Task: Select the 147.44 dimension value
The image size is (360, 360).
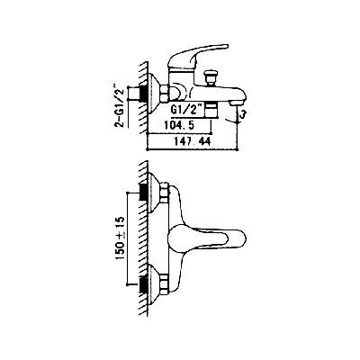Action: [193, 141]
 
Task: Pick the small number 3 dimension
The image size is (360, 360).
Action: [244, 114]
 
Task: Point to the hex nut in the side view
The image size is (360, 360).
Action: [165, 94]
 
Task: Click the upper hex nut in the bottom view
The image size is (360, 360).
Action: [165, 193]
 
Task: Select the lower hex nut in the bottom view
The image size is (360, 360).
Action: [165, 284]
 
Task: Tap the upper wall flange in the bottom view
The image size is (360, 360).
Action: [154, 192]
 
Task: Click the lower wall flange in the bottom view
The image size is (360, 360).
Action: [154, 283]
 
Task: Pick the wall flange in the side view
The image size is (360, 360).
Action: [154, 93]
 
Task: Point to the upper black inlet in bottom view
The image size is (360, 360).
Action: [144, 192]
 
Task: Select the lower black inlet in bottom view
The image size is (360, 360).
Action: [144, 283]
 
